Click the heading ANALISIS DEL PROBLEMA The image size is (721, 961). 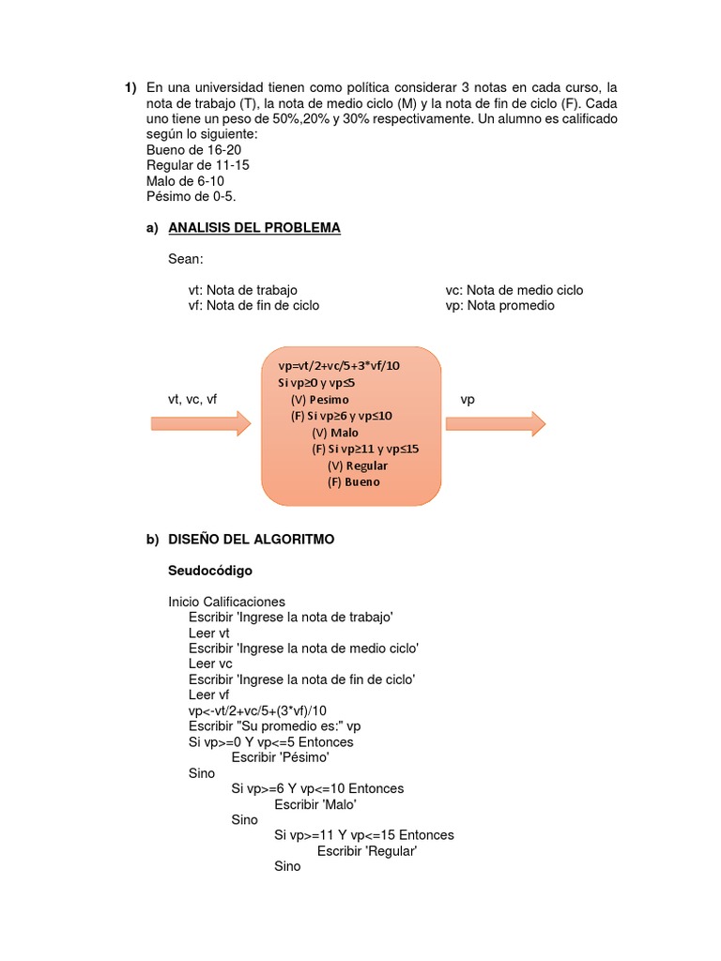(x=253, y=228)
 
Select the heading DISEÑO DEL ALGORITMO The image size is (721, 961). (x=251, y=540)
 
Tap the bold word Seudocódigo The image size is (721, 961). (x=210, y=571)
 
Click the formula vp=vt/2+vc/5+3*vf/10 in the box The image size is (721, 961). (x=339, y=366)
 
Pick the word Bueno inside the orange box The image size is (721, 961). (x=354, y=482)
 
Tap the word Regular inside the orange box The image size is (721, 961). (x=366, y=465)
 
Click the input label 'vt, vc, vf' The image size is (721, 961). (x=192, y=400)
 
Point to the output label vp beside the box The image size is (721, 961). (x=468, y=400)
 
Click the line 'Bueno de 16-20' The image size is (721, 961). (x=194, y=149)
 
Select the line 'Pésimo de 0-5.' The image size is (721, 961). (x=192, y=196)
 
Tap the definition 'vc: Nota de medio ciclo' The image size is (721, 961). (x=514, y=290)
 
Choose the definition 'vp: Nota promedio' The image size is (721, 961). (x=499, y=305)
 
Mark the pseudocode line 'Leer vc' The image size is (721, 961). (x=210, y=664)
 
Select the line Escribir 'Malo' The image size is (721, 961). (x=315, y=804)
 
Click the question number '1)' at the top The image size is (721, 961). (x=131, y=88)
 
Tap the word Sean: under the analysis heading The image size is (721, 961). (x=185, y=258)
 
